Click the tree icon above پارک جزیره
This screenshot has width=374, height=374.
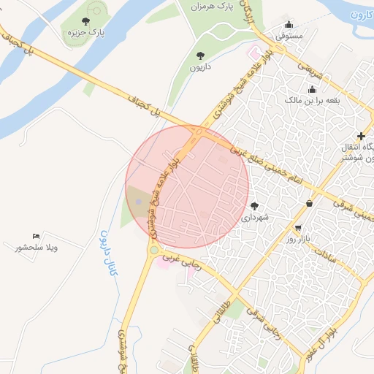86,22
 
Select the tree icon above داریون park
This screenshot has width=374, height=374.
200,56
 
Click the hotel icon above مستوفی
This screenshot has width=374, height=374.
289,24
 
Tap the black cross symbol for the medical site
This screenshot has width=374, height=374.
361,136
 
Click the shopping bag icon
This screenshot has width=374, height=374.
310,203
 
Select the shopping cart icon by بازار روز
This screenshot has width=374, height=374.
297,228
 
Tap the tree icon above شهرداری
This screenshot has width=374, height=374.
254,206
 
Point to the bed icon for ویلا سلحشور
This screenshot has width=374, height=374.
36,236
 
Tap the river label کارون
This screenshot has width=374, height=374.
361,15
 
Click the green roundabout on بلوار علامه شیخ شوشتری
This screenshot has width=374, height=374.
153,251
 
